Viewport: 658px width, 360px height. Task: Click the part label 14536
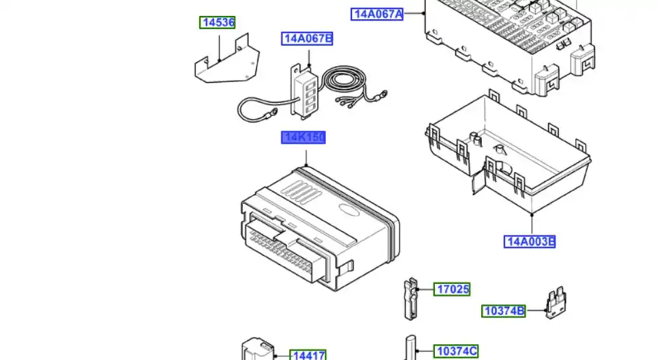click(x=218, y=22)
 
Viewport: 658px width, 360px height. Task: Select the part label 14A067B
click(x=307, y=38)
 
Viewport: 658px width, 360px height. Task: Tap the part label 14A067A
click(x=377, y=13)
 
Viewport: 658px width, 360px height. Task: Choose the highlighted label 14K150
click(x=304, y=137)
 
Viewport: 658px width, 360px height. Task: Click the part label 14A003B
click(x=530, y=241)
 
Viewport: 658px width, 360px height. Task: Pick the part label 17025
click(x=452, y=289)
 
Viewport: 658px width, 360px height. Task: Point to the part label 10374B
click(x=503, y=310)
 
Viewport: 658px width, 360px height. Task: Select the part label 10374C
click(x=455, y=351)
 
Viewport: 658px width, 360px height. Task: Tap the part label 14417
click(x=309, y=356)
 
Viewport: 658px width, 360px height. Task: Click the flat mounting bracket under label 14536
click(x=225, y=65)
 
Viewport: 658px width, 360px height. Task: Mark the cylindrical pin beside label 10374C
click(x=409, y=347)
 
